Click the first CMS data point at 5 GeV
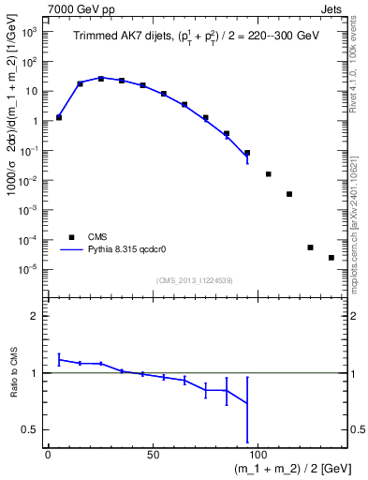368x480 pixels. (59, 117)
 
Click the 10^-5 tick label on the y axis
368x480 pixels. (29, 269)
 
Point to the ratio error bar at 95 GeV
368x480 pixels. (247, 409)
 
